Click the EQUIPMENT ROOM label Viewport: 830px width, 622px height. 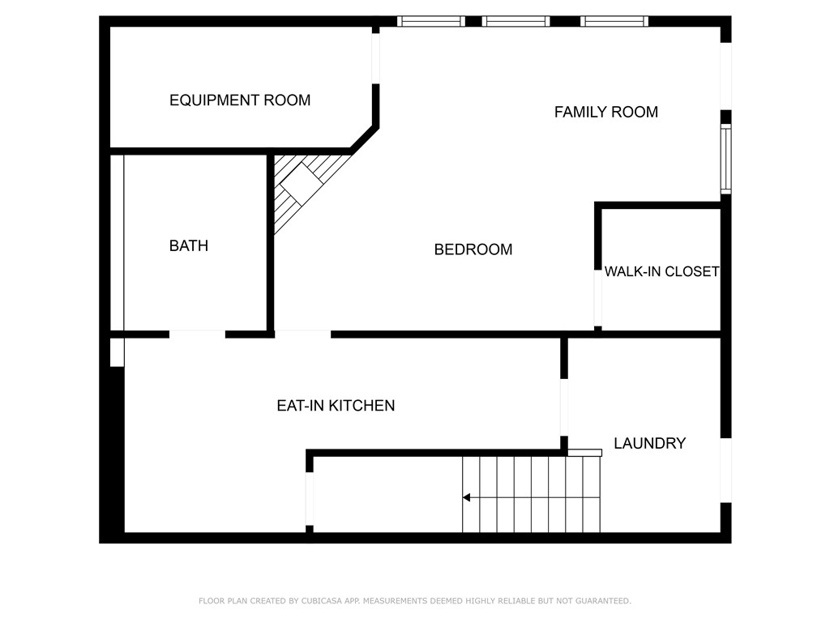tap(239, 100)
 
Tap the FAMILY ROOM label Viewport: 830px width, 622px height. tap(605, 113)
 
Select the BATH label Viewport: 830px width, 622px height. tap(188, 245)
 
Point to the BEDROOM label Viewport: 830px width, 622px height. tap(473, 249)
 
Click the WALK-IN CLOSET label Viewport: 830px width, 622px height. tap(661, 272)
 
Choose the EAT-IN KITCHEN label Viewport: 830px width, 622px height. tap(336, 406)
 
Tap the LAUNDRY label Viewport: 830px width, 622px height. tap(649, 444)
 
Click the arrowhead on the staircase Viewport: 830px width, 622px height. tap(466, 497)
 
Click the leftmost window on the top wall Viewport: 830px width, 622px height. tap(430, 21)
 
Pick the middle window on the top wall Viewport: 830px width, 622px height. tap(516, 21)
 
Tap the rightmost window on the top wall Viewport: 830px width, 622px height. tap(614, 21)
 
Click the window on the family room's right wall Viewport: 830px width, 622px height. tap(726, 159)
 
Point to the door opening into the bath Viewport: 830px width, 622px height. tap(197, 333)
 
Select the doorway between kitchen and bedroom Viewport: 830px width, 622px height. tap(302, 333)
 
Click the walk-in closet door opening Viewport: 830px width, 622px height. tap(598, 296)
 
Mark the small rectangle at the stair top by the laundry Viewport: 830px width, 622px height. tap(584, 453)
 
